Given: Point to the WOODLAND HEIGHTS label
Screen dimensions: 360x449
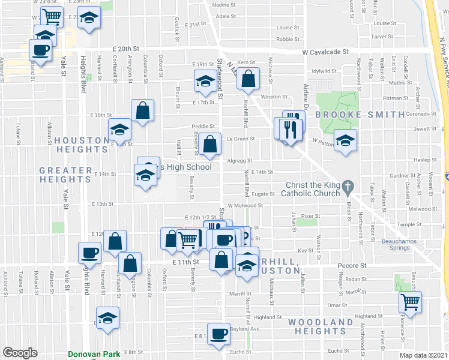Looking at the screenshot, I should coord(320,326).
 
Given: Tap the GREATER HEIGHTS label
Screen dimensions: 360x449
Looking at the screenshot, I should coord(65,175).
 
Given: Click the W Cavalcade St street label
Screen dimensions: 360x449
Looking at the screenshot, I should coord(325,52).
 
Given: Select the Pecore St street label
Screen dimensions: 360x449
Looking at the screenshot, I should coord(355,265).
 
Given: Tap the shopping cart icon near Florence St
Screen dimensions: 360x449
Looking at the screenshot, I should coord(411,302).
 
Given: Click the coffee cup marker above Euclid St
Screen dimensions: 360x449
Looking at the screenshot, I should coord(219,334).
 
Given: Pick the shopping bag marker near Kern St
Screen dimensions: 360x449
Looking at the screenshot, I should coord(248,78).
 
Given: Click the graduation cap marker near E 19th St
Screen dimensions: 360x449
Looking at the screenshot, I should coord(205,81).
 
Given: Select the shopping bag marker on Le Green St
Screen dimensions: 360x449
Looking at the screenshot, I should coord(210,145).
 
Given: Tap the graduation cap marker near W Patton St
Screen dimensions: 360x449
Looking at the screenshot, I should coord(345,140).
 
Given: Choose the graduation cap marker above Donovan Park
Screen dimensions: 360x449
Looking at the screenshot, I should coord(107,318).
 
